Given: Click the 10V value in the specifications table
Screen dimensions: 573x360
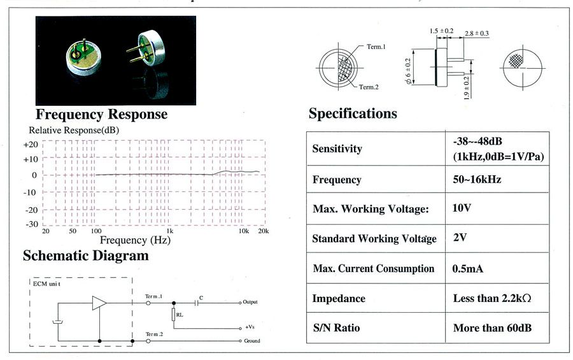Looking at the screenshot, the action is pos(462,208).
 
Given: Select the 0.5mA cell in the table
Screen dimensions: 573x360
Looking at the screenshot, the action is pos(468,269).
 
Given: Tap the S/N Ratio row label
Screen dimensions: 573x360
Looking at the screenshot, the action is pos(336,328).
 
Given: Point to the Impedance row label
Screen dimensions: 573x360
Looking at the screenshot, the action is pos(339,298).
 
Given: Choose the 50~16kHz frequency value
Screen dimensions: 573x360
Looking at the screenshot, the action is pos(477,179).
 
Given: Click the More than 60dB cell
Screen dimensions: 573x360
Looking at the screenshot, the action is pos(492,328).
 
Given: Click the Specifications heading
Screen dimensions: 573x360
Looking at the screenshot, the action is pos(353,113).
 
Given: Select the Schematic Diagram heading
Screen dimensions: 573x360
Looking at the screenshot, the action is pos(86,256).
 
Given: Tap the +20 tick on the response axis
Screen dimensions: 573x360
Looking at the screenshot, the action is pos(31,145).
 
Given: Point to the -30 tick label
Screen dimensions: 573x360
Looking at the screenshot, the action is pos(32,224).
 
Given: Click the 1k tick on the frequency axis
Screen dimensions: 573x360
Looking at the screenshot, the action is pos(170,231).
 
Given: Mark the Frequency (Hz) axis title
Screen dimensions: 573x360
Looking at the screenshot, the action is pos(135,240).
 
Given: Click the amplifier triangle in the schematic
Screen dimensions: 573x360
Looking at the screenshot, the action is pos(99,303).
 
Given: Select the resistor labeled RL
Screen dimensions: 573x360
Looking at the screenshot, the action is pos(174,315).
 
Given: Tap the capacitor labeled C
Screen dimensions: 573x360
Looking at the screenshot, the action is pos(197,303).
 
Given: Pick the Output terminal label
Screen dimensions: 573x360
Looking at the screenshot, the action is pos(250,302).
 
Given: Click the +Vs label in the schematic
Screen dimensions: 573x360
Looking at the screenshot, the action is pos(250,327).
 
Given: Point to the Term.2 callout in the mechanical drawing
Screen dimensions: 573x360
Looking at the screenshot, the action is pos(369,87).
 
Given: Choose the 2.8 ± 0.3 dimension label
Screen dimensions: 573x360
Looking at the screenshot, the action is pos(476,33).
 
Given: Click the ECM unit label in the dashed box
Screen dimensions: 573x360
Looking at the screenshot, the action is pos(46,284).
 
